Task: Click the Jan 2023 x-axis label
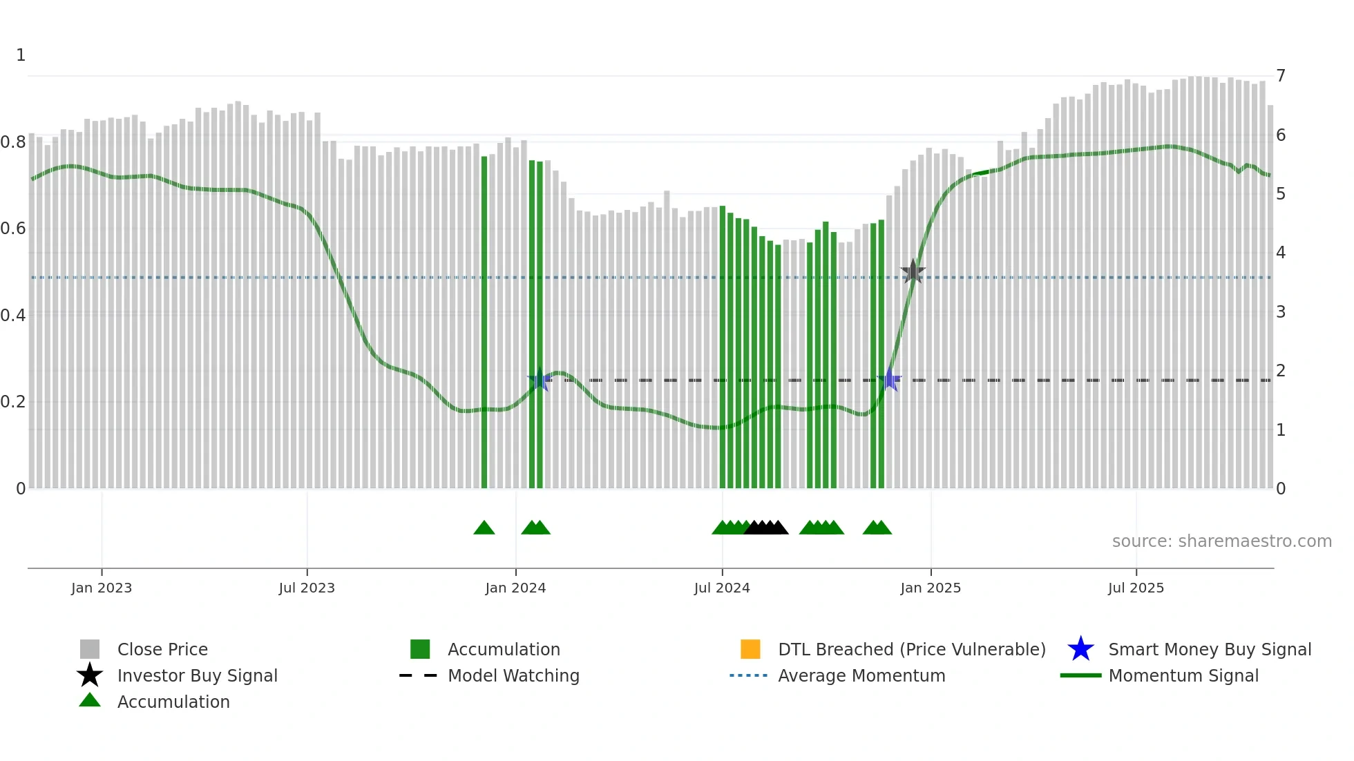point(101,588)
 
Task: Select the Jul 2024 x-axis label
point(722,588)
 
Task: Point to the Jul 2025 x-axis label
point(1136,588)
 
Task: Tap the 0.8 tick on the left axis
point(13,142)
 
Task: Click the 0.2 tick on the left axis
point(13,402)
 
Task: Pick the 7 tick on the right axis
point(1281,76)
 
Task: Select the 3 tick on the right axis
point(1281,312)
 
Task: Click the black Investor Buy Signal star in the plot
point(913,272)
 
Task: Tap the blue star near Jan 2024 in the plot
point(540,379)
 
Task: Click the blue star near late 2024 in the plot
point(890,379)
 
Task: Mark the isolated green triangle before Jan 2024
point(484,528)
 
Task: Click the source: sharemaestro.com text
point(1221,541)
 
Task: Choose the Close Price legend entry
point(162,649)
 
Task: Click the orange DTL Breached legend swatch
point(750,649)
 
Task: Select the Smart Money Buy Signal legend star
point(1080,649)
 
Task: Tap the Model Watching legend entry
point(513,675)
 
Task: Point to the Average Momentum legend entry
point(861,675)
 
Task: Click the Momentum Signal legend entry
point(1183,675)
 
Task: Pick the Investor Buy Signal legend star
point(90,675)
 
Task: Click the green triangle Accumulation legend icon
point(90,701)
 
